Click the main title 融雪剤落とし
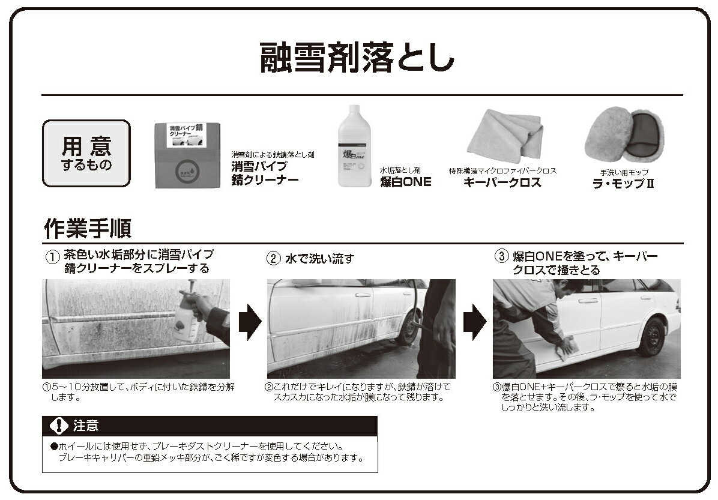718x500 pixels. click(x=357, y=58)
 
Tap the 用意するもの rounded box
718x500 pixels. click(x=86, y=154)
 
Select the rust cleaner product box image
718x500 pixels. click(x=187, y=155)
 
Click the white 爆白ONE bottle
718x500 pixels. click(x=354, y=146)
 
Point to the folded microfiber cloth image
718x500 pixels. click(x=505, y=136)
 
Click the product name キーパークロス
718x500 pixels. click(x=502, y=182)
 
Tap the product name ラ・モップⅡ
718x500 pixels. click(x=624, y=184)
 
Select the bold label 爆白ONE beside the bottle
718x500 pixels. click(x=406, y=182)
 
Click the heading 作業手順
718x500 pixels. click(x=88, y=228)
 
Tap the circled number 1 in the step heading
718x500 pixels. click(x=52, y=257)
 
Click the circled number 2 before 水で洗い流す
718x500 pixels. click(x=273, y=258)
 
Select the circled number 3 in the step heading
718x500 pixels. click(x=501, y=256)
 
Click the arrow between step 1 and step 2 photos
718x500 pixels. click(x=250, y=322)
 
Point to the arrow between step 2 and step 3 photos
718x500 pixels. click(x=475, y=322)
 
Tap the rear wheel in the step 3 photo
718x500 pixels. click(x=651, y=336)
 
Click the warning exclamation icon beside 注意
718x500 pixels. click(x=59, y=426)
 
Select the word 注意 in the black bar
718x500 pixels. click(x=86, y=426)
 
